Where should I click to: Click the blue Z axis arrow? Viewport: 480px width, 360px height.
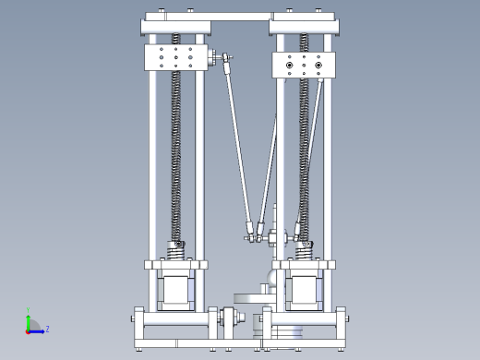(38, 330)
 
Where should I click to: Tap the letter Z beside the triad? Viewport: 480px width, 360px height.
(47, 329)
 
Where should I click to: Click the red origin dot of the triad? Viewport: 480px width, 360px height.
(29, 330)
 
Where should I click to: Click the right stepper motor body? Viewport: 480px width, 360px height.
(304, 289)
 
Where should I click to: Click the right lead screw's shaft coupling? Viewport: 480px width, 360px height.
(304, 250)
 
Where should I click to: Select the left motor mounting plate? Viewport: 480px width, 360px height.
(174, 264)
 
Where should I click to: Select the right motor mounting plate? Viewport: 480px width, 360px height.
(304, 264)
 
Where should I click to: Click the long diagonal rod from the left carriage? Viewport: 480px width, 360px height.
(238, 148)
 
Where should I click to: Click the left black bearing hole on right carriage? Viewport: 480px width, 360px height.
(290, 66)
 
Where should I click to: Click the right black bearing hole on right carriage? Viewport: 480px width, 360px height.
(318, 66)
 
